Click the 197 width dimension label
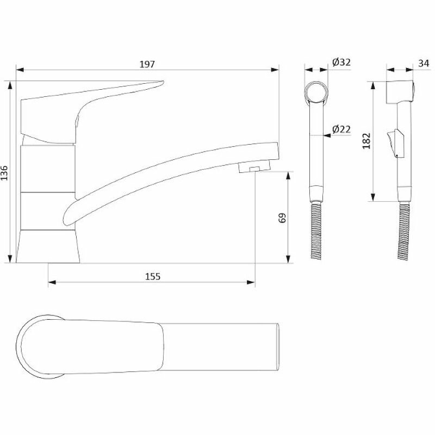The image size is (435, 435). [x=147, y=64]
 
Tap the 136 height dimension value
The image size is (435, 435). [x=5, y=172]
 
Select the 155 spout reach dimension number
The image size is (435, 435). [x=153, y=276]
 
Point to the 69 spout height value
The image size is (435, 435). [x=282, y=218]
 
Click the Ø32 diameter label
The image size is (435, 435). [x=341, y=63]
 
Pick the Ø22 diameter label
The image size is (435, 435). [x=341, y=129]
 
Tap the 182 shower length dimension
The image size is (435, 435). [x=366, y=140]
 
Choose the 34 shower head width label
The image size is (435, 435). [x=424, y=64]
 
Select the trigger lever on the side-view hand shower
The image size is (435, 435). [x=391, y=142]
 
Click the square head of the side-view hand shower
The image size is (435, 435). [x=400, y=92]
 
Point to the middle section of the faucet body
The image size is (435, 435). [x=47, y=169]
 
